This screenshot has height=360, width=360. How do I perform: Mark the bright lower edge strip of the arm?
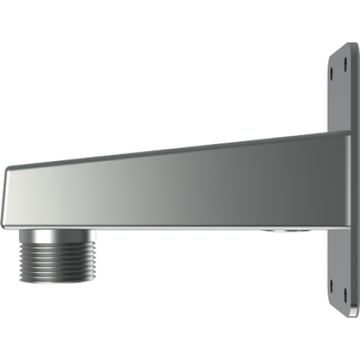157,227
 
